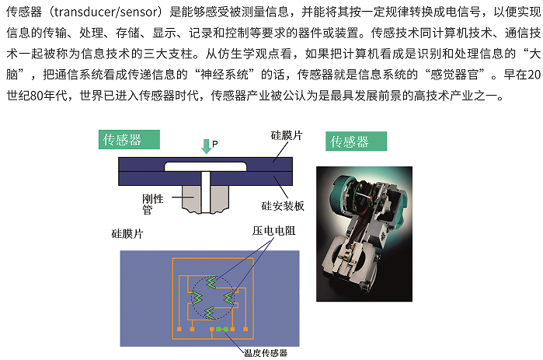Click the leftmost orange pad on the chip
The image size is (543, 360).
click(179, 330)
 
